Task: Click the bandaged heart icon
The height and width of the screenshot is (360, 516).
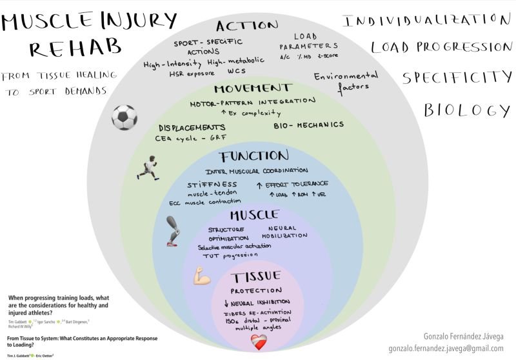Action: pos(258,341)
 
